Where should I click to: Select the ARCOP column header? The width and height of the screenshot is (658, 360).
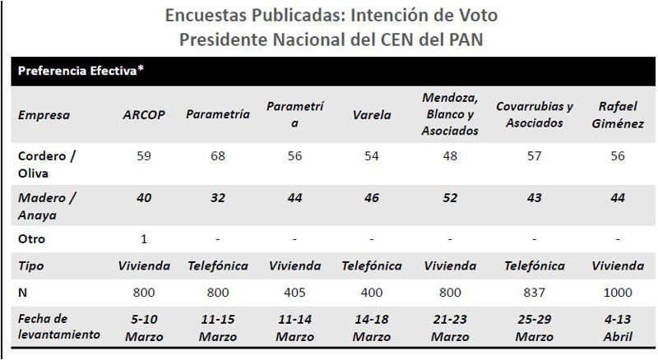[x=144, y=115]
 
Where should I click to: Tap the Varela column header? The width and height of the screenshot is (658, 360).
[x=371, y=115]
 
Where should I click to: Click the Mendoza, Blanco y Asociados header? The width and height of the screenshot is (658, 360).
[x=449, y=115]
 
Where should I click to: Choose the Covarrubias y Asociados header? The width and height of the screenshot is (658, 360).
[x=535, y=115]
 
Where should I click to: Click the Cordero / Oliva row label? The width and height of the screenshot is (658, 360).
[x=45, y=163]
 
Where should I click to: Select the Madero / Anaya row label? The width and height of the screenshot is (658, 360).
[x=45, y=205]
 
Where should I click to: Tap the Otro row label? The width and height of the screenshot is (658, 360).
[x=34, y=239]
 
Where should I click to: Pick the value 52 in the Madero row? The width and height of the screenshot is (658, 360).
[x=449, y=198]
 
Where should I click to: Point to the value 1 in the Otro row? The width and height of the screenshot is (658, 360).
[x=144, y=239]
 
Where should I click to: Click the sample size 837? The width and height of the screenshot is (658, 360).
[x=535, y=292]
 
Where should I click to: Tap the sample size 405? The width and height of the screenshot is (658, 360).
[x=294, y=292]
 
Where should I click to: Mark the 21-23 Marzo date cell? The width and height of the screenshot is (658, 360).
[x=449, y=327]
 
